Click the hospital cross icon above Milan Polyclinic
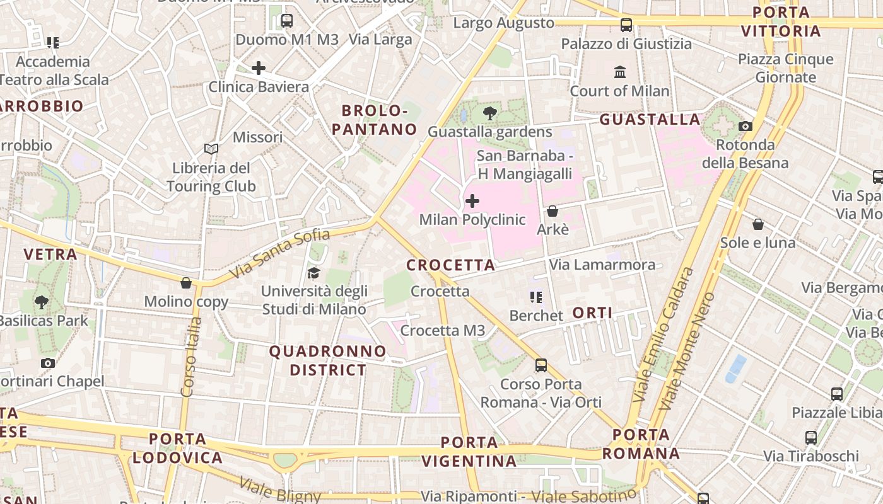[472, 202]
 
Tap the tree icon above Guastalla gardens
[489, 114]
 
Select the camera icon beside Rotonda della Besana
[746, 126]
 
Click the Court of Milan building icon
[620, 72]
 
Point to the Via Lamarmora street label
[602, 265]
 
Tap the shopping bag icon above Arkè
[553, 211]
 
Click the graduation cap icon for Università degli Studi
[313, 273]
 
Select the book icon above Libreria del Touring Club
[211, 149]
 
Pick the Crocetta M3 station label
[443, 330]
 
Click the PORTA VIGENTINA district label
[469, 452]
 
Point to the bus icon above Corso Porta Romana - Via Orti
[541, 365]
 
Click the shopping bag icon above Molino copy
[186, 283]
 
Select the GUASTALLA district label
[650, 119]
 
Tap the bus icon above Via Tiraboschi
[811, 437]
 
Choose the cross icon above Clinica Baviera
[259, 68]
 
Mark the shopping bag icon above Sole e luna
[758, 224]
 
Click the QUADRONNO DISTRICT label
[328, 360]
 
